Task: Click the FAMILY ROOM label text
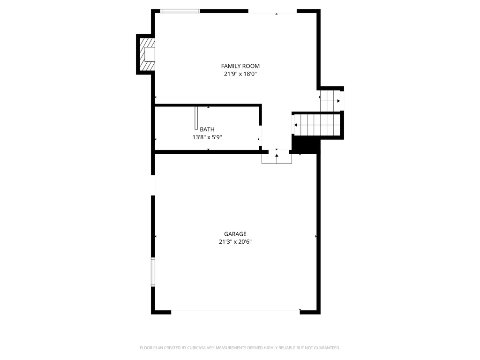240,66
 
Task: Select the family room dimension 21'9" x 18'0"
240,74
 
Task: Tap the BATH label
207,129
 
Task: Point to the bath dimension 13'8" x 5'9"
207,137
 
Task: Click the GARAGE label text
235,234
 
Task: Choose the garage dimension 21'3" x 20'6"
235,242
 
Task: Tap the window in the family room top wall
180,11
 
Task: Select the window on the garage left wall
153,272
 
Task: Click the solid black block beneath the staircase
305,143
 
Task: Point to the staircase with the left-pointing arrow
316,125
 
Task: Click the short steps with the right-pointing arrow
331,100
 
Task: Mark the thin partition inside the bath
196,118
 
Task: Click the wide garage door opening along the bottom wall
236,310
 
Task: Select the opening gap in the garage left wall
153,185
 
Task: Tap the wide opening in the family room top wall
272,11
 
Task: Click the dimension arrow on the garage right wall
316,237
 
